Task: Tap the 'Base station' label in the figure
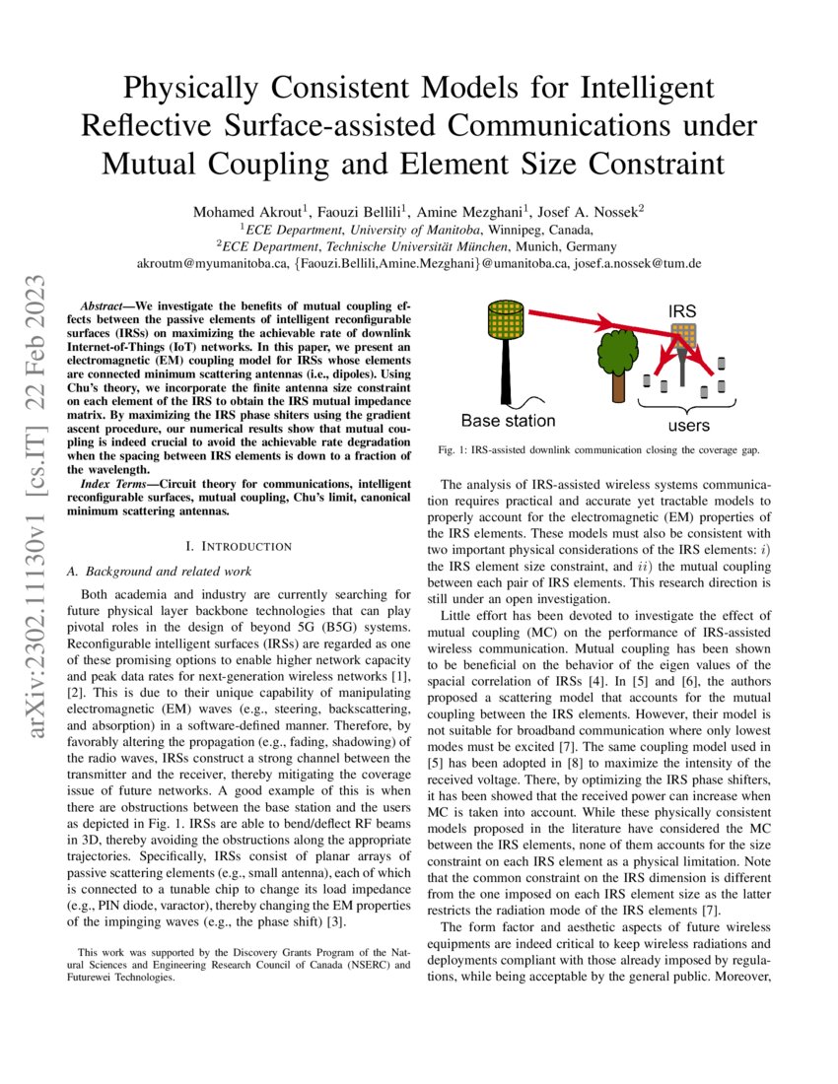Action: point(508,421)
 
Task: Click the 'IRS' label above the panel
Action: point(682,311)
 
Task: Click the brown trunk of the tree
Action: point(618,383)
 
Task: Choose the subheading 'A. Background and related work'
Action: point(159,572)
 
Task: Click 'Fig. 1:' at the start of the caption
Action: point(454,450)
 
